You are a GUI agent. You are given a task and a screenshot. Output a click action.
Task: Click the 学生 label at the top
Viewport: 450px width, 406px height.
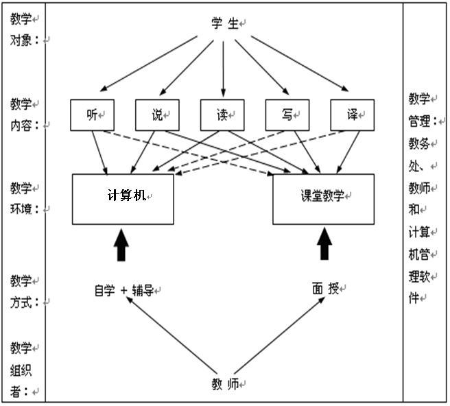pyautogui.click(x=225, y=23)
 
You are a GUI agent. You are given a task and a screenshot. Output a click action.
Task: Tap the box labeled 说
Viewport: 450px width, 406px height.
pyautogui.click(x=157, y=115)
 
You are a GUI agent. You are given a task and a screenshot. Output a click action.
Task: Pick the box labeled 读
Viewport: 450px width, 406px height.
pyautogui.click(x=222, y=115)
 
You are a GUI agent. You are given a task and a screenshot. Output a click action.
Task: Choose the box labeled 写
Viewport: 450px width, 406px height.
pyautogui.click(x=287, y=115)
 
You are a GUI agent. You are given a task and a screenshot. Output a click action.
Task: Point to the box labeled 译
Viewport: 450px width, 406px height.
pyautogui.click(x=353, y=115)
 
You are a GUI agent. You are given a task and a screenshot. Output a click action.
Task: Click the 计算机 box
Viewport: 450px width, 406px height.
pyautogui.click(x=123, y=199)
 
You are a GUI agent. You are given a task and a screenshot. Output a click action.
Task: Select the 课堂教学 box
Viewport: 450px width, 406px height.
pyautogui.click(x=324, y=199)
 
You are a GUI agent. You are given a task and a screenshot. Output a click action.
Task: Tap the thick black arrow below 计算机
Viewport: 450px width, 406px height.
pyautogui.click(x=121, y=245)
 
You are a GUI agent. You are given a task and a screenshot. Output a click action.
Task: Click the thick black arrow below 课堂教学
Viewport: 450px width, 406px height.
pyautogui.click(x=324, y=245)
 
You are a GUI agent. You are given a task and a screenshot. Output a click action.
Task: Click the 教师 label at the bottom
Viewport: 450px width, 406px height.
pyautogui.click(x=225, y=385)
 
